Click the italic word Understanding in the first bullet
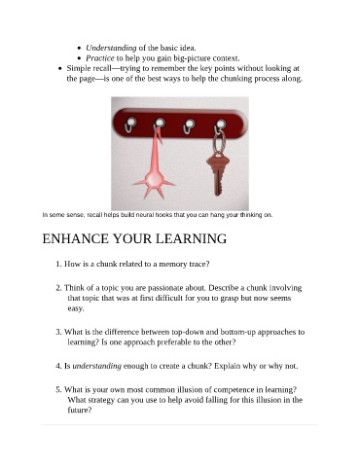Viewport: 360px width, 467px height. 111,48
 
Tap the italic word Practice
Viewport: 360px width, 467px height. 100,58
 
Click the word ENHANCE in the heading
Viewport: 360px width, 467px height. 75,238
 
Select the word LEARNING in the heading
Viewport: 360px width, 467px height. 191,238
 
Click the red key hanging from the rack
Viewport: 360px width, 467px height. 218,173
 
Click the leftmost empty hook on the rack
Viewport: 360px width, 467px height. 130,125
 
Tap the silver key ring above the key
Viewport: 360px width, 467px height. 219,141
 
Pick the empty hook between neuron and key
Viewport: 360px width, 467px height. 189,126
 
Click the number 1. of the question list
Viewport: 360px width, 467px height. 58,264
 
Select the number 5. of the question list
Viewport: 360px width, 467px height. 58,389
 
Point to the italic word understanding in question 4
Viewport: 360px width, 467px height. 97,366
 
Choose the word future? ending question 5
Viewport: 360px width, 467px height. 80,411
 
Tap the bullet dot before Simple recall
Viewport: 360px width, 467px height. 59,69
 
